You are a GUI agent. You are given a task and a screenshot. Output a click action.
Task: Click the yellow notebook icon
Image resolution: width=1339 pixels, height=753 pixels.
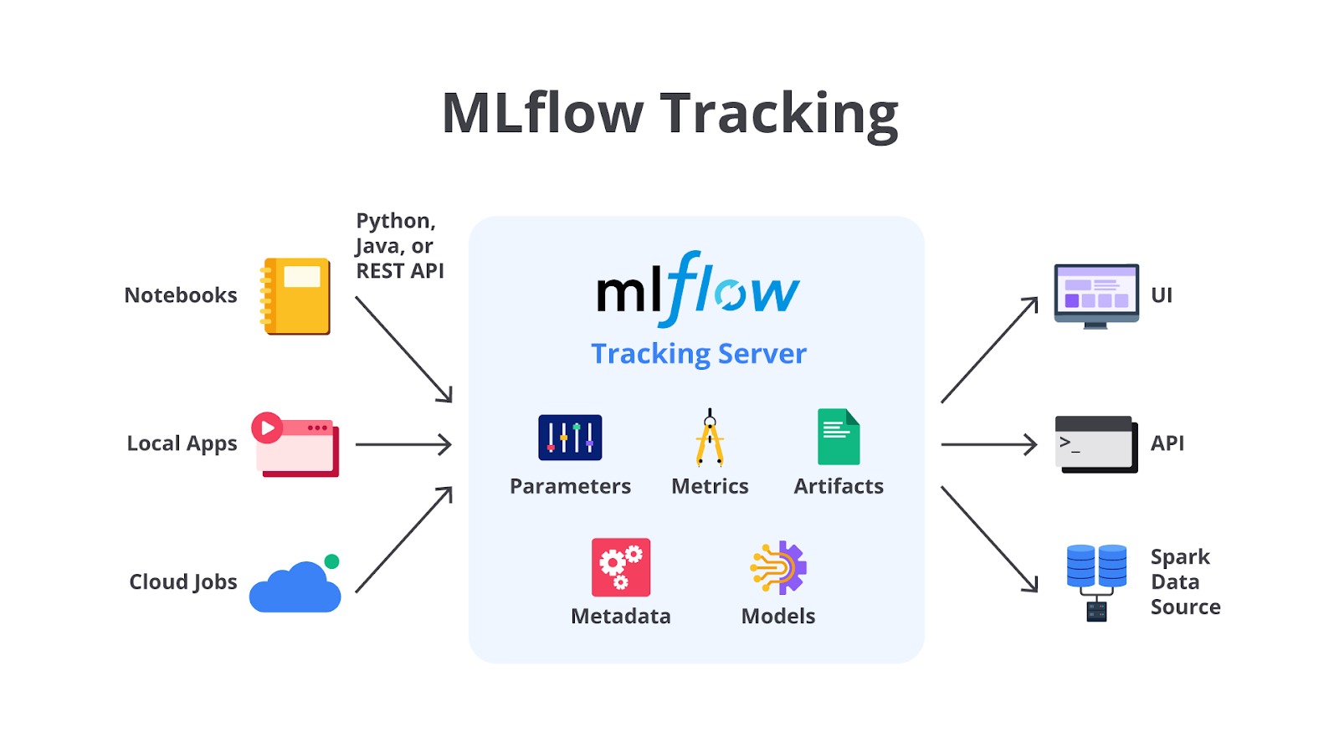pos(296,296)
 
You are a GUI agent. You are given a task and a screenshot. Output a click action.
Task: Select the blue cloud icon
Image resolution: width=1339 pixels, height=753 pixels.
pos(295,589)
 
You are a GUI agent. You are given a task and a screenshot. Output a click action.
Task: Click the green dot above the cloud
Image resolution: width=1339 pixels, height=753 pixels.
pos(331,561)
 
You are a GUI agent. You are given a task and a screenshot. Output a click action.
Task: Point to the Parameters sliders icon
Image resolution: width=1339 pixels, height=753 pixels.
pos(570,438)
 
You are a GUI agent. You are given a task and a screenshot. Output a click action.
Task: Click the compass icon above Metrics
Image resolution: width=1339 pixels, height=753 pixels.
pos(710,438)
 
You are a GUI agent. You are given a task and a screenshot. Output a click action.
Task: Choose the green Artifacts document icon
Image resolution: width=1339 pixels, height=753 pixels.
pos(839,437)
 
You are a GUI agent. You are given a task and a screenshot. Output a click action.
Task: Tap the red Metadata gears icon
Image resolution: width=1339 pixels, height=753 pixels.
pos(621,567)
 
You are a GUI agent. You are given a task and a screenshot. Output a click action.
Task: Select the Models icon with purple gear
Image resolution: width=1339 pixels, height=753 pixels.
pos(778,567)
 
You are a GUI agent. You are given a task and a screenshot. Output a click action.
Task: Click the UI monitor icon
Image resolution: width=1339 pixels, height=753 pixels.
pos(1096,295)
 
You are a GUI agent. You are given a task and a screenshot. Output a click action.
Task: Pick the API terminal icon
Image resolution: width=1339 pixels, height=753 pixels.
pos(1095,444)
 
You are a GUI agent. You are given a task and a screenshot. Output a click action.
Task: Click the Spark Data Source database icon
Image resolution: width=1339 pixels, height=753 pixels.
pos(1096,581)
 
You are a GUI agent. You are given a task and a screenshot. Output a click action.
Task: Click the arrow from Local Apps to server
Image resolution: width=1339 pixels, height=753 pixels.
pos(403,444)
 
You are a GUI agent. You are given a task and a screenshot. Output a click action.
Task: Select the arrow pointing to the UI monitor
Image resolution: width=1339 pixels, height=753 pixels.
pos(989,351)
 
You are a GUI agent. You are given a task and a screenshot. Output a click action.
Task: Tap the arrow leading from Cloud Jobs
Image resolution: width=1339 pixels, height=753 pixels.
pos(403,540)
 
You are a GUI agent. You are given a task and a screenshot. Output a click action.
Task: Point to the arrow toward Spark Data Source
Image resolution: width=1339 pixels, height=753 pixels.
pos(989,540)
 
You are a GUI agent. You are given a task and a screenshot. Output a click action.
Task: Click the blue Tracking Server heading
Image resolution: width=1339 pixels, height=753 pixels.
pos(699,354)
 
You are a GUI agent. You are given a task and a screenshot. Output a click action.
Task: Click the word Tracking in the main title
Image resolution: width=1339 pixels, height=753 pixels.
pos(779,114)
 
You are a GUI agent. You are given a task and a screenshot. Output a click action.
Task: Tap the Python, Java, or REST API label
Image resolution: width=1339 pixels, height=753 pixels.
pos(399,246)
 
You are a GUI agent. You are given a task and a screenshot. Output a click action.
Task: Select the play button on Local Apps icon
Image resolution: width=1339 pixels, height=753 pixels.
pos(267,428)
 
